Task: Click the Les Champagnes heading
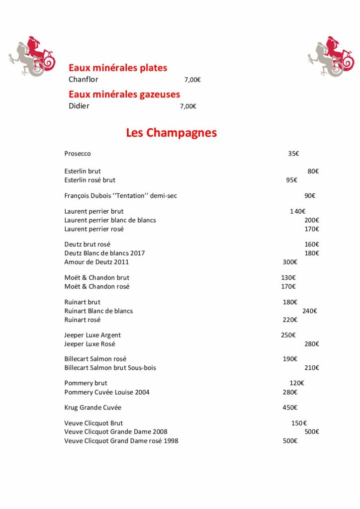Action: click(x=171, y=133)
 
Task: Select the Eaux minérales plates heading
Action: click(x=118, y=68)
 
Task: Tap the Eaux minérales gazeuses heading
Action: click(x=124, y=94)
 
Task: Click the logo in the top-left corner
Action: click(x=32, y=56)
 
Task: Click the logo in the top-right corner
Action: click(x=330, y=56)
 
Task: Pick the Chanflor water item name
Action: click(x=84, y=80)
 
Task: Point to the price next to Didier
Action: click(x=188, y=106)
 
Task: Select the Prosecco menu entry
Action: click(x=78, y=154)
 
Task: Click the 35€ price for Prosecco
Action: click(x=293, y=154)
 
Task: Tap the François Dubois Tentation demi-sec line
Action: click(x=121, y=196)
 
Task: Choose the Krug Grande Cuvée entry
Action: click(x=93, y=408)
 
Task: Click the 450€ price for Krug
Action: click(x=290, y=408)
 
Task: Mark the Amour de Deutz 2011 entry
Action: click(x=96, y=262)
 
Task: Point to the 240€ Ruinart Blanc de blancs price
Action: click(x=310, y=311)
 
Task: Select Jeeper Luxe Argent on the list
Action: click(x=92, y=335)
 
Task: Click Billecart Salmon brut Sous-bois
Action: click(x=110, y=368)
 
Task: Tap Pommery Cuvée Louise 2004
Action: click(x=107, y=392)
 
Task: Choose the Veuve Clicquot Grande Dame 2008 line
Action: click(x=116, y=431)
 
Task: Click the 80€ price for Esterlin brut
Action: click(x=313, y=171)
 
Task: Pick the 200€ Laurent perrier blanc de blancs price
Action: click(x=312, y=220)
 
